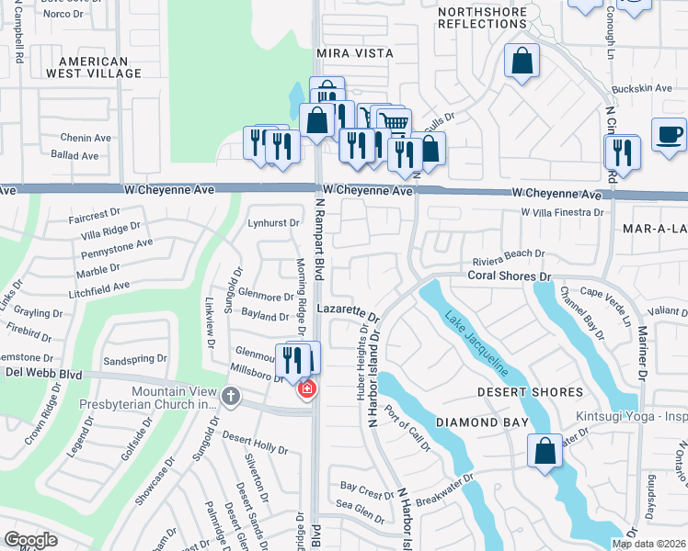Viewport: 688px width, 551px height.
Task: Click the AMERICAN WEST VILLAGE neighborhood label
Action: click(x=100, y=67)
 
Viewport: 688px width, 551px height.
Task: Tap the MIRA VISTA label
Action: click(x=348, y=54)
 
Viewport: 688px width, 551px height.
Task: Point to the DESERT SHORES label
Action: click(x=530, y=392)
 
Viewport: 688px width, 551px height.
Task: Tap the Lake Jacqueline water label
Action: click(x=476, y=344)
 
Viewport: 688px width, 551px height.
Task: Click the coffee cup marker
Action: click(x=669, y=135)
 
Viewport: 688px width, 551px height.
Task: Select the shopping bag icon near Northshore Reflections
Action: click(x=522, y=62)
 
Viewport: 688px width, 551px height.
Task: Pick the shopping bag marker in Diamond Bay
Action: click(x=545, y=450)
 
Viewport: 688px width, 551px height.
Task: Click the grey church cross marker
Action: click(x=230, y=397)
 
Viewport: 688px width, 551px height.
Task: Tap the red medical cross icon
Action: click(x=305, y=390)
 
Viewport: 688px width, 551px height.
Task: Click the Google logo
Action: click(x=30, y=540)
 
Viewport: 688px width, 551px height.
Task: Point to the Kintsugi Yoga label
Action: click(x=631, y=416)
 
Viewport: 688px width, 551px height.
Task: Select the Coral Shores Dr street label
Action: click(x=509, y=275)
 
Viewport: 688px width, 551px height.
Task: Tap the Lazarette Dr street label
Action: click(x=349, y=312)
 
